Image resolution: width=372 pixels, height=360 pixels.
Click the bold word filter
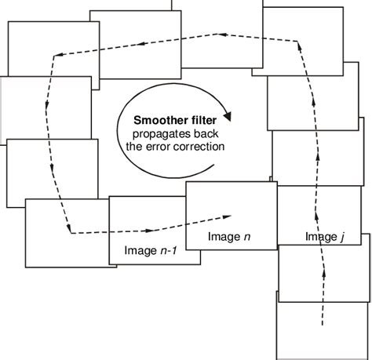[x=201, y=121]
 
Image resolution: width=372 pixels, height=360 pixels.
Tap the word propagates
[x=156, y=134]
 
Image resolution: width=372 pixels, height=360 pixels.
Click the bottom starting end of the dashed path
[x=323, y=323]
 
